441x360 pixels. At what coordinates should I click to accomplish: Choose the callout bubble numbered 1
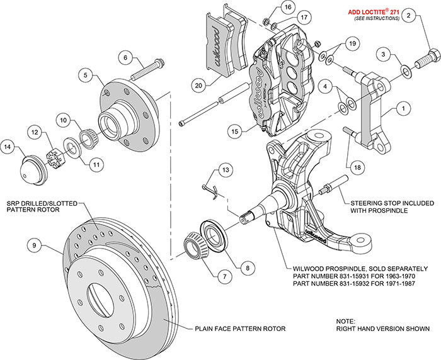tap(399, 108)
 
